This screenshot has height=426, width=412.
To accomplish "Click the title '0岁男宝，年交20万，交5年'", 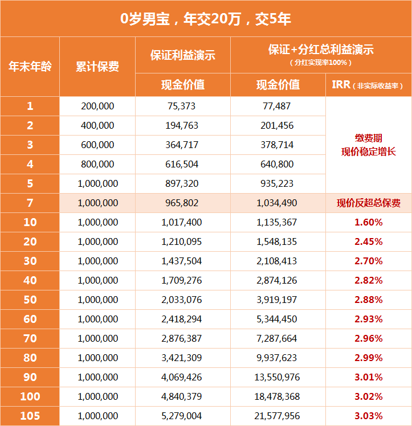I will click(206, 18).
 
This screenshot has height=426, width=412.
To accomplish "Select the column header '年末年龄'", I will click(30, 67).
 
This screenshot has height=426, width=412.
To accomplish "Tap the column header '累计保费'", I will click(97, 67).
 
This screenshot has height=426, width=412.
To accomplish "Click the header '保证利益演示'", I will click(183, 55).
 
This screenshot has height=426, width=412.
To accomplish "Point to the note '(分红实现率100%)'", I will click(321, 63).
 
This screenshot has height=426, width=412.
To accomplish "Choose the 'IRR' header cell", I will click(368, 85).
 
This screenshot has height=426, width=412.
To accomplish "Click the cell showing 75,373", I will click(183, 106).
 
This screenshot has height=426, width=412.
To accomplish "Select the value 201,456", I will click(278, 126).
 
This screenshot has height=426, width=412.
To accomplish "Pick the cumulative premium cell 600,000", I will click(97, 145).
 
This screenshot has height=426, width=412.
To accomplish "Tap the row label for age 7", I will click(30, 203).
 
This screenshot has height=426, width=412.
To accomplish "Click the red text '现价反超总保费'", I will click(368, 203).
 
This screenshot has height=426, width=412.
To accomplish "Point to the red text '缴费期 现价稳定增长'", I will click(368, 145).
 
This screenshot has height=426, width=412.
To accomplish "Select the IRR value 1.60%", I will click(368, 223).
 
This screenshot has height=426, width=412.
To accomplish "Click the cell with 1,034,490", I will click(278, 203).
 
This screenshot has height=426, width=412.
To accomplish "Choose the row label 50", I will click(30, 300).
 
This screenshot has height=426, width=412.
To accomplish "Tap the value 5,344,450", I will click(278, 319).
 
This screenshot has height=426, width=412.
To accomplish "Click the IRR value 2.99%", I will click(368, 358).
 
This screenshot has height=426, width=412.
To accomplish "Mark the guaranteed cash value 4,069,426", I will click(183, 378).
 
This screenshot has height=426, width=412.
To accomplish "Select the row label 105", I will click(30, 416).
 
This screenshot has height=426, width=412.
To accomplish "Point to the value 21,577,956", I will click(278, 416).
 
